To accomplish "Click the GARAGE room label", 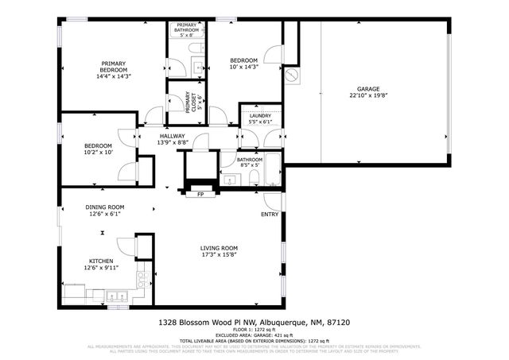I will click(367, 89).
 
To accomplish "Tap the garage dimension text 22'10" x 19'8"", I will click(367, 97).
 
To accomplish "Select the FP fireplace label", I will click(200, 194).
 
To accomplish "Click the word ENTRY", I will click(270, 215).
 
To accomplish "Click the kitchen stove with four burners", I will click(142, 279).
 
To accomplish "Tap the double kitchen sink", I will click(119, 297).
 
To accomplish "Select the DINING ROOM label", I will click(106, 207).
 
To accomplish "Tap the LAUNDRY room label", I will click(259, 116).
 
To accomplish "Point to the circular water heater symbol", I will click(291, 75).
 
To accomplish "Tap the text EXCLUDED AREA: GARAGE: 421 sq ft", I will click(254, 335).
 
